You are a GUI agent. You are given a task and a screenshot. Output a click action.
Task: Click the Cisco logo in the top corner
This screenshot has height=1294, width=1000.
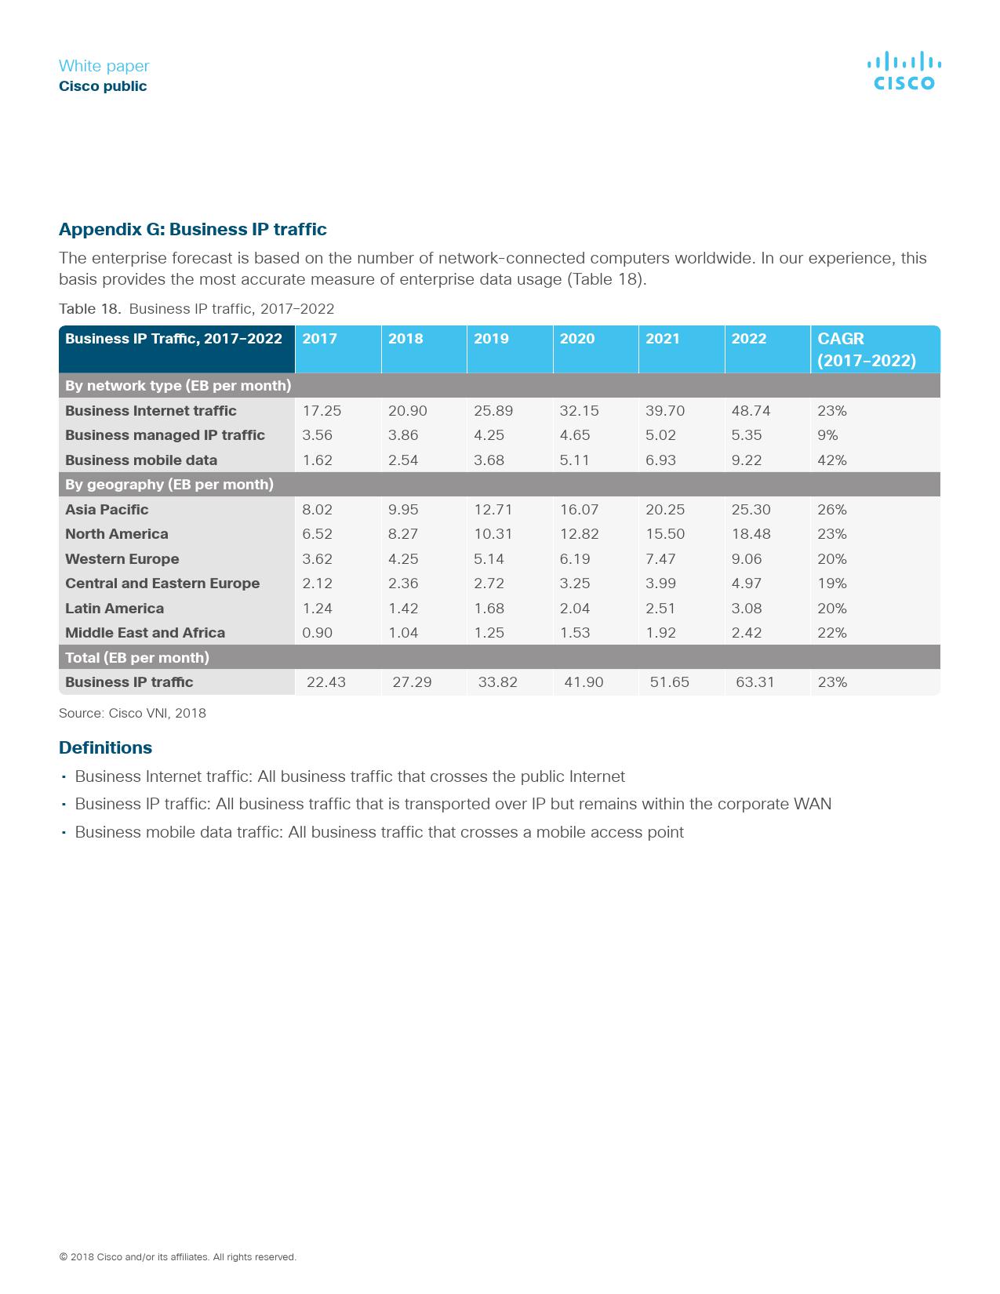904,71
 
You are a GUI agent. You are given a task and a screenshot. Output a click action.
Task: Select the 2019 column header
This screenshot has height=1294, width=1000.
491,339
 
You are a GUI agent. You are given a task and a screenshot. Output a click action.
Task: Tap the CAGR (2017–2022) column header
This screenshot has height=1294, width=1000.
866,349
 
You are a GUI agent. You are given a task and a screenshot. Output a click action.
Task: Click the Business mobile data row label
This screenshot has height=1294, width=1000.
141,460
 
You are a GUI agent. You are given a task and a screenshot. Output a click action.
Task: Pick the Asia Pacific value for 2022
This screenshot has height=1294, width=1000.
751,510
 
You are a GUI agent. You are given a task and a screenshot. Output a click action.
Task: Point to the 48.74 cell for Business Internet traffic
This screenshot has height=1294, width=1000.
751,411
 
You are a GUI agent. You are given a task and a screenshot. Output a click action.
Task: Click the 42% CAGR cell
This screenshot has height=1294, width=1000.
831,460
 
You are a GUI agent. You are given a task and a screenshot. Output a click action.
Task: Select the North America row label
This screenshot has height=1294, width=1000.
117,534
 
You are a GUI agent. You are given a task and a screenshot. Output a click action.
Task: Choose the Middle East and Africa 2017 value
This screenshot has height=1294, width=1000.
317,633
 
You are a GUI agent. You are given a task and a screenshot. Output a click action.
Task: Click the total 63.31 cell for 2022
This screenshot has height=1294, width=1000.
755,682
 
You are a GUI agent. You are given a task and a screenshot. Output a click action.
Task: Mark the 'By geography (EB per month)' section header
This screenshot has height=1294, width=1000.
169,485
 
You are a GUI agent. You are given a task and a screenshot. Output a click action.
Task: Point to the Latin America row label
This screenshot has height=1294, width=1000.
115,609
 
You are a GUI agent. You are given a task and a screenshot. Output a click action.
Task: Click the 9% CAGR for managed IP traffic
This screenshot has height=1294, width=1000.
827,435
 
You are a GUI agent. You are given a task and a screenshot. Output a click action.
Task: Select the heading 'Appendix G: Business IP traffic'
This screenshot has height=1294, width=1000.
193,229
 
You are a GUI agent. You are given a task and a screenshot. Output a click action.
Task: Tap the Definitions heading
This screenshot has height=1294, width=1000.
105,747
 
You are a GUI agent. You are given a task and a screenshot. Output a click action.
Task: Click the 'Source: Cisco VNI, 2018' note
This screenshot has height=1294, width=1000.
133,713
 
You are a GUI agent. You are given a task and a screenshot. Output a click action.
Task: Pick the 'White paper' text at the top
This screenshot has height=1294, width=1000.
104,66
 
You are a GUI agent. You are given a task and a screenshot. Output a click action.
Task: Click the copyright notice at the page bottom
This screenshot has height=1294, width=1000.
177,1256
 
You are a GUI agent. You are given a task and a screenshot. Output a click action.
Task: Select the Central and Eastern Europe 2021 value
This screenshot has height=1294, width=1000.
660,583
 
